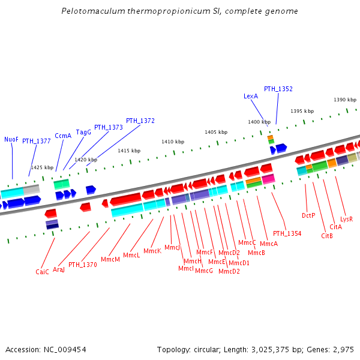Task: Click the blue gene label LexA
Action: point(251,96)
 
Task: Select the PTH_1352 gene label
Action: point(278,89)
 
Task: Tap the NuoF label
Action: point(11,139)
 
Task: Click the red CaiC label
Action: point(42,272)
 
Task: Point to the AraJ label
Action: point(59,269)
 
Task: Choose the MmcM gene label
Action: point(110,259)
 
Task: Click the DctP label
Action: point(308,215)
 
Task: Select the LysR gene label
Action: point(346,219)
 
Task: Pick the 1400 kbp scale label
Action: point(259,122)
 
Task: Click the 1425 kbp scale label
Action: point(42,167)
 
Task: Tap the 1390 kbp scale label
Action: point(345,100)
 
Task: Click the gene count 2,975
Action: point(343,349)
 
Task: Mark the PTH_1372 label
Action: point(140,121)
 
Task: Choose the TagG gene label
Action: point(83,132)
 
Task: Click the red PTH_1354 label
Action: point(287,233)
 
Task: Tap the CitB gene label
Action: point(327,236)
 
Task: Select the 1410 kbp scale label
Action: point(173,142)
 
